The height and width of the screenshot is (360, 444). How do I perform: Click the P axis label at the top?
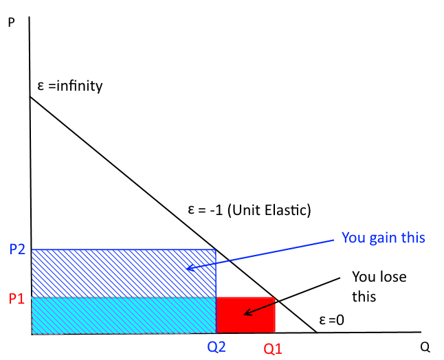click(x=10, y=23)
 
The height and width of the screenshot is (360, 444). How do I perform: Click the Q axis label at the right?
click(x=426, y=346)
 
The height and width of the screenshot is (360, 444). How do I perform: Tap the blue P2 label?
click(x=17, y=249)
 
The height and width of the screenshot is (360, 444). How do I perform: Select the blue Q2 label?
click(x=216, y=347)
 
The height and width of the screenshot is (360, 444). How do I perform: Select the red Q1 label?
click(x=273, y=349)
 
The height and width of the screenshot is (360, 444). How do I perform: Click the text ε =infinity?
click(x=69, y=87)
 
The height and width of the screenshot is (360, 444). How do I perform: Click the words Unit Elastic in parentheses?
click(x=275, y=210)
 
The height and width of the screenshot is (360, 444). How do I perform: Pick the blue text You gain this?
click(x=384, y=238)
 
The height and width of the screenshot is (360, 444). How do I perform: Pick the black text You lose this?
click(x=379, y=287)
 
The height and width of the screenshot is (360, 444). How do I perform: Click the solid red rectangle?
click(x=245, y=315)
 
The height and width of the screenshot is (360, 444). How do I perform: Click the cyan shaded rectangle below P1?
click(x=124, y=315)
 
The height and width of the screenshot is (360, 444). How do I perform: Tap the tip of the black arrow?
click(x=244, y=315)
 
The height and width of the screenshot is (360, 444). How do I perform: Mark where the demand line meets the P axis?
click(x=31, y=97)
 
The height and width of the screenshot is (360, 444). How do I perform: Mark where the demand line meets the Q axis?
click(x=316, y=333)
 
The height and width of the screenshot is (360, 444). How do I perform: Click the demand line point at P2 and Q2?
click(x=216, y=249)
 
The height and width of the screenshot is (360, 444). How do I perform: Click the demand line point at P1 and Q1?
click(x=275, y=297)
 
